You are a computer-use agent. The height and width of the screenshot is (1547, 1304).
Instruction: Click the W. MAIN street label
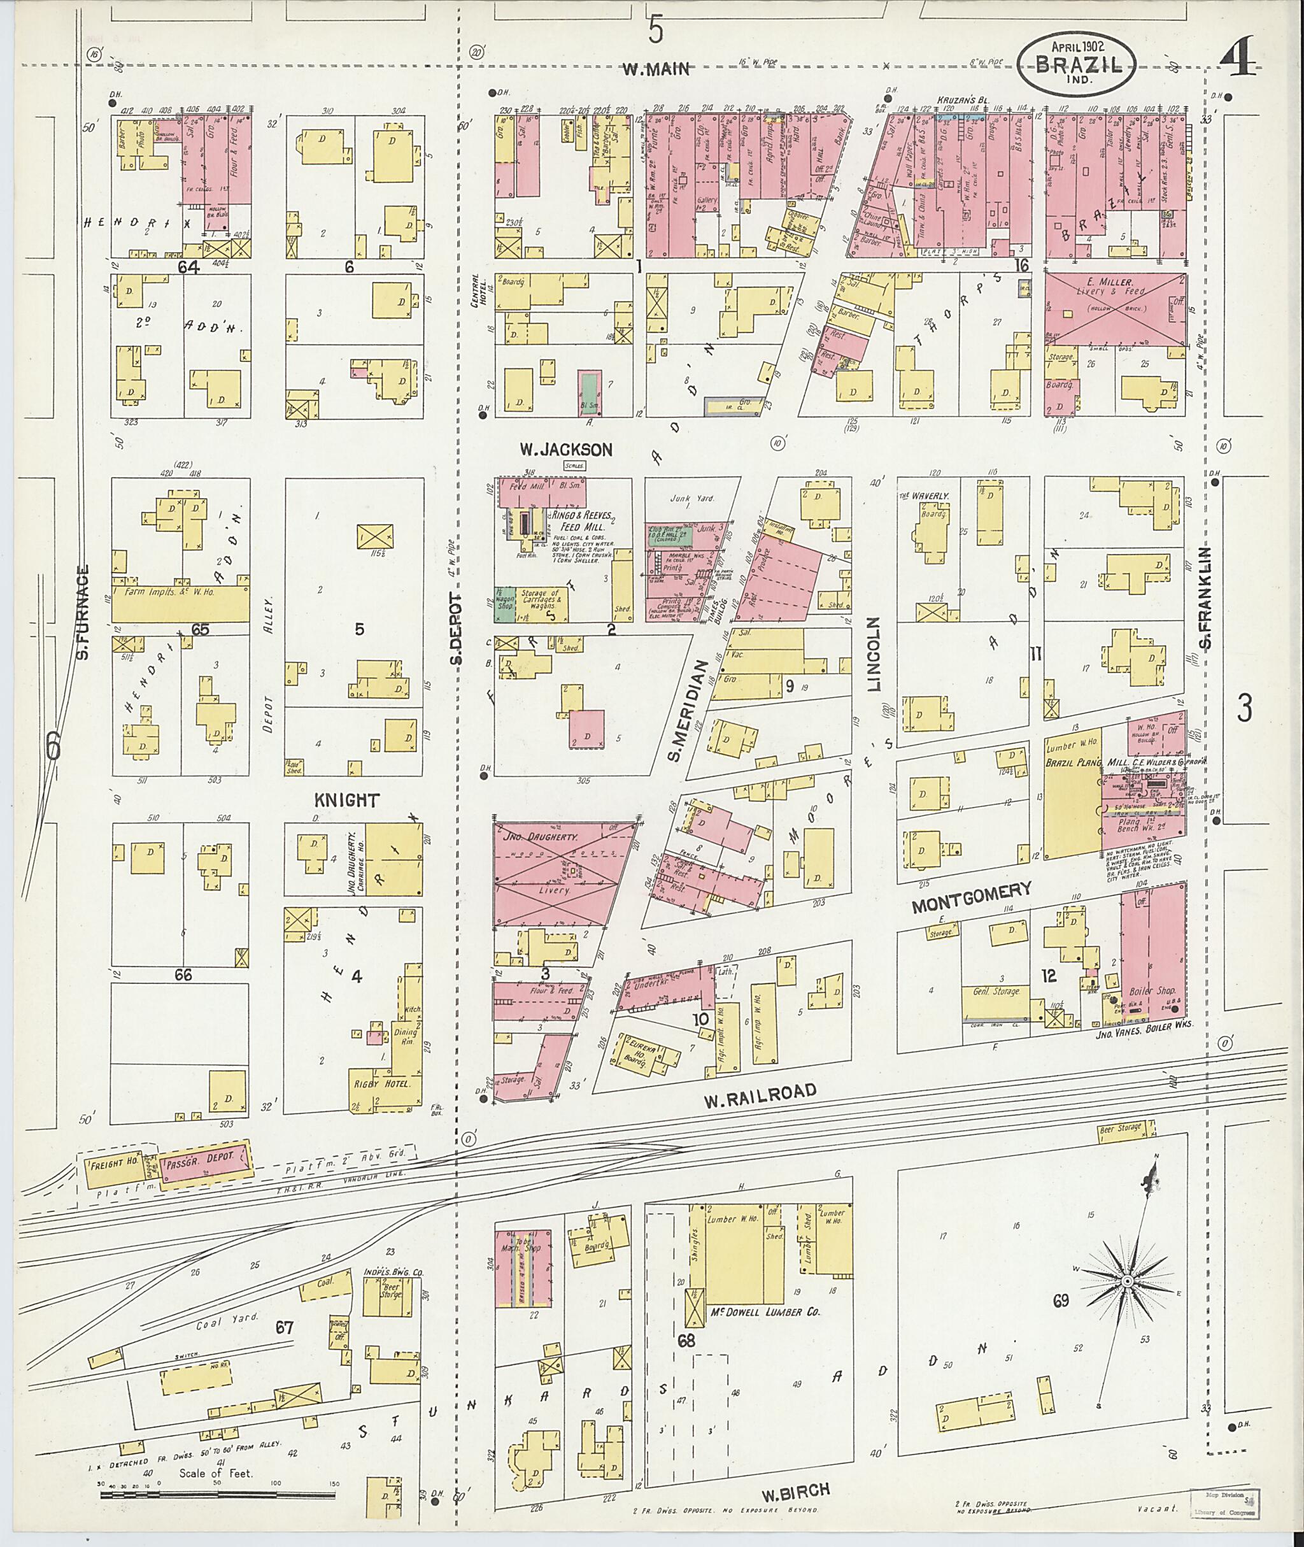656,70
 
